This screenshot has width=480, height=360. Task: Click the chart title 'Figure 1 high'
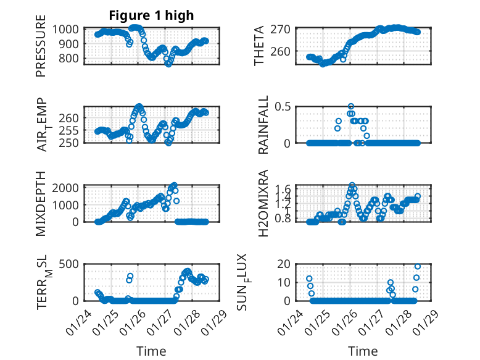pos(151,15)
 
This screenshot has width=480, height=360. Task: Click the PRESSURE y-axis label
pos(41,50)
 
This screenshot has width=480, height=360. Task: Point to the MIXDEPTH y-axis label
pos(41,202)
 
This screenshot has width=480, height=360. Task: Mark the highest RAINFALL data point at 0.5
pos(351,106)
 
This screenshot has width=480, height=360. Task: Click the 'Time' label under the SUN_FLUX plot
pos(363,351)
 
